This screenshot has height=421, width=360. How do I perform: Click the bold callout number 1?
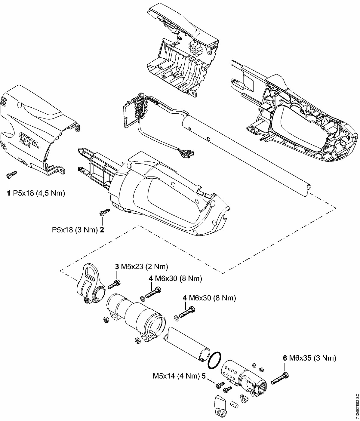click(x=9, y=193)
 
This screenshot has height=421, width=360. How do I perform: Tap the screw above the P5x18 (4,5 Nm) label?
click(x=12, y=174)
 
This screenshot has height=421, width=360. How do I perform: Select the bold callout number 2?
click(x=102, y=230)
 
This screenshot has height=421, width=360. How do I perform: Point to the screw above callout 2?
click(x=105, y=212)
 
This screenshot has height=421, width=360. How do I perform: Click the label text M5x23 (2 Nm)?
click(x=144, y=267)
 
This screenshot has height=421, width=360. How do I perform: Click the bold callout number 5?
click(x=204, y=376)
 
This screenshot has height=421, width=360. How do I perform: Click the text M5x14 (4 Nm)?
click(x=176, y=376)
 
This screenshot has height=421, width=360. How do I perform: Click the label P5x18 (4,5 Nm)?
click(x=39, y=193)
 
